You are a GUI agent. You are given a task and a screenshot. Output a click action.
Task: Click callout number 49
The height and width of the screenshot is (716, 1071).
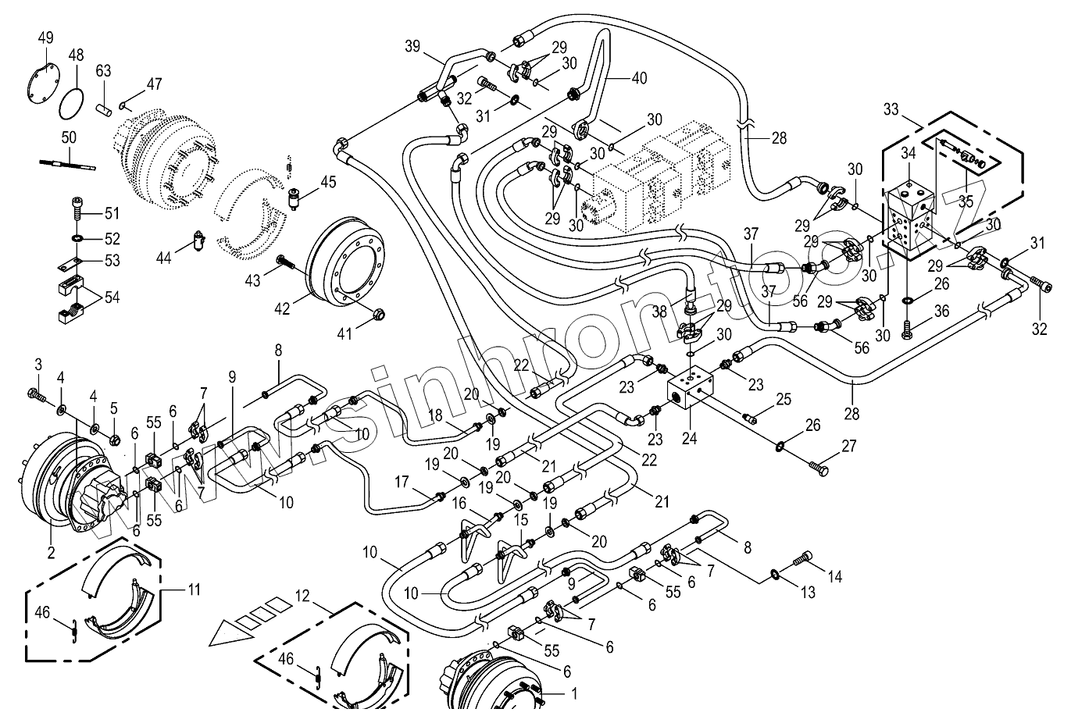click(45, 37)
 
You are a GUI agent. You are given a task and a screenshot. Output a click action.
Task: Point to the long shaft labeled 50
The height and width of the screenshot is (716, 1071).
click(67, 162)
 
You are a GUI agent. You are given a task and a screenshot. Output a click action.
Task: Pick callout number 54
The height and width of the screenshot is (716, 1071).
click(112, 297)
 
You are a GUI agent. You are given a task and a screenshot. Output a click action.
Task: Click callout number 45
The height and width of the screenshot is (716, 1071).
click(328, 182)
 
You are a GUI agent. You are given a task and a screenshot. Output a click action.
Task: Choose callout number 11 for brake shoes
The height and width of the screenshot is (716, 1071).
click(193, 590)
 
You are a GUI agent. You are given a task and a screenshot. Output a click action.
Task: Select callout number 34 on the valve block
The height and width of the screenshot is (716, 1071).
click(907, 154)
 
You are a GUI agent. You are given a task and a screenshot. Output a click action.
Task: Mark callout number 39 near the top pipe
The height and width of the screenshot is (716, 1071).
click(412, 46)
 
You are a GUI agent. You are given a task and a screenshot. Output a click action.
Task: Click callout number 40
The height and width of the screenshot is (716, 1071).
click(639, 78)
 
